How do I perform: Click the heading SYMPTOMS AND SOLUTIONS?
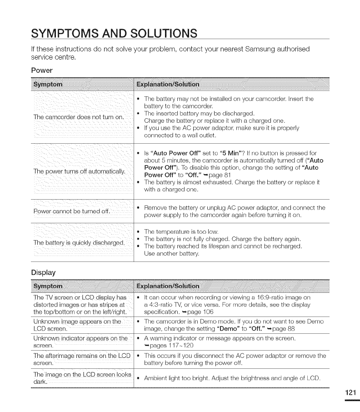(x=114, y=33)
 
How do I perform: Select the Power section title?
(x=42, y=70)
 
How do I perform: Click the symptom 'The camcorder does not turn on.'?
(x=79, y=117)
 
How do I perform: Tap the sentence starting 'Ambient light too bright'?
(x=232, y=379)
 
